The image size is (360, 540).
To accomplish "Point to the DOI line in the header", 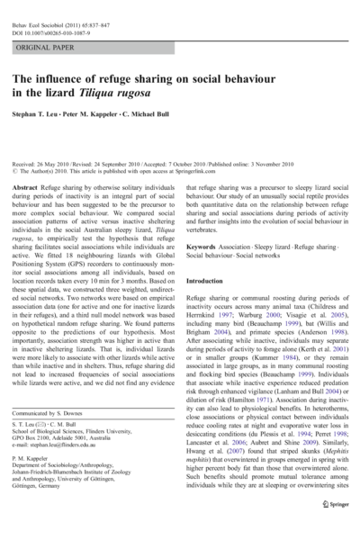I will pos(53,20).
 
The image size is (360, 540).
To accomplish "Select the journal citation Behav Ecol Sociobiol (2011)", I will pos(53,12).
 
